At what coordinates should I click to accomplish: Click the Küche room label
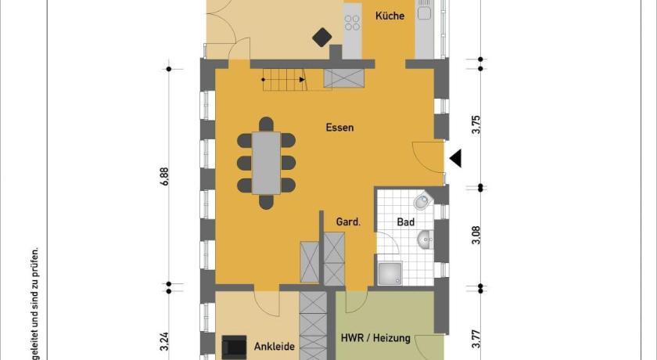(390, 16)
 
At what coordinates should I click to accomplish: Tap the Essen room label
(339, 128)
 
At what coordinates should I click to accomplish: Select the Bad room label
(406, 222)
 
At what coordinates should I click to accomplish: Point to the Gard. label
(348, 221)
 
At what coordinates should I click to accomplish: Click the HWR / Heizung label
(375, 338)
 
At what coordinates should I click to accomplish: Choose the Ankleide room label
(275, 347)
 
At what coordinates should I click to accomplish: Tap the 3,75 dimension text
(476, 124)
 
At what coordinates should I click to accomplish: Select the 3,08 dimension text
(476, 235)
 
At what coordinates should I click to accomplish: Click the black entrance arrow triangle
(455, 158)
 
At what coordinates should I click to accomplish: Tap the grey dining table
(266, 163)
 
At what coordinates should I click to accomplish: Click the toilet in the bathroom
(423, 201)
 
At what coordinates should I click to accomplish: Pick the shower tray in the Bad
(390, 274)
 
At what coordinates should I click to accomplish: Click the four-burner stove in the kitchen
(352, 23)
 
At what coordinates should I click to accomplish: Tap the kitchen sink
(424, 10)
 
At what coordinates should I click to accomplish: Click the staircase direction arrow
(302, 79)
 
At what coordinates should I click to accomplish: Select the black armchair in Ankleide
(234, 347)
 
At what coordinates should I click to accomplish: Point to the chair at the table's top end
(266, 124)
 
